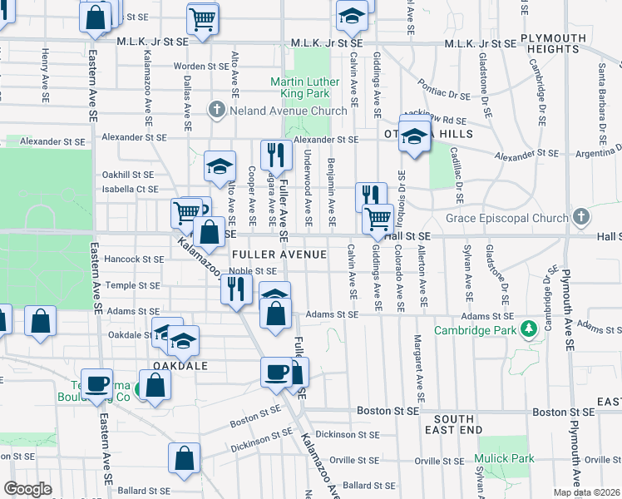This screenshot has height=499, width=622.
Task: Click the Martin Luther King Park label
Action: pyautogui.click(x=305, y=87)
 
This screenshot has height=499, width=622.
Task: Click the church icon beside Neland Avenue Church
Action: pyautogui.click(x=216, y=110)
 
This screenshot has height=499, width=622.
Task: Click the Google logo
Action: pyautogui.click(x=27, y=489)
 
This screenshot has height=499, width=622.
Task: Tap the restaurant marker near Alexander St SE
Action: pyautogui.click(x=274, y=154)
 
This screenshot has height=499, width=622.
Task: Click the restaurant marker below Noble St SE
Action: pyautogui.click(x=237, y=288)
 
